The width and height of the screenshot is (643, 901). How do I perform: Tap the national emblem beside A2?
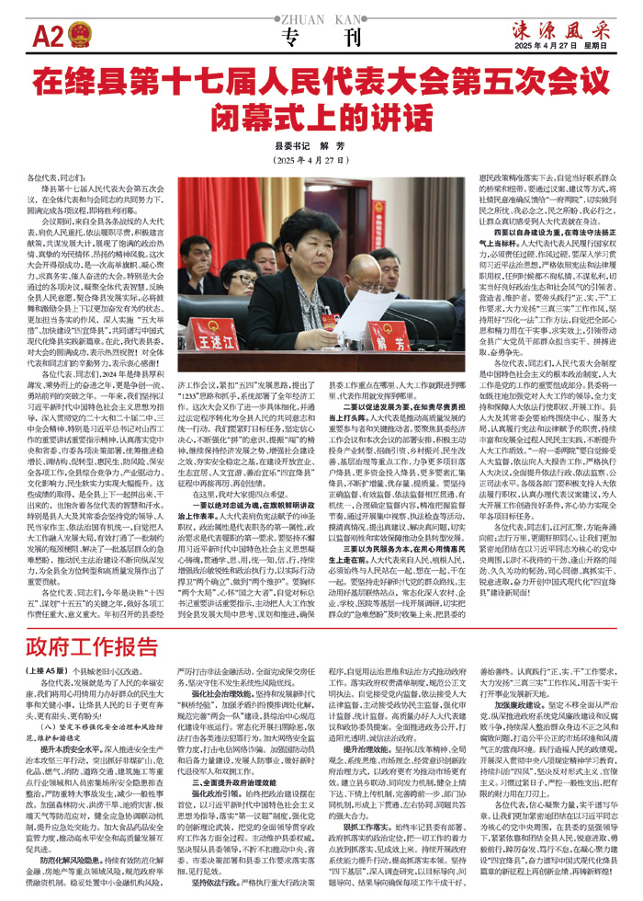[x=77, y=36]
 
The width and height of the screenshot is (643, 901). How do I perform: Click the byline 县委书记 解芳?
[x=321, y=145]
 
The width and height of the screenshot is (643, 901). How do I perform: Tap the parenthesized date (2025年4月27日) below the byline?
[x=321, y=160]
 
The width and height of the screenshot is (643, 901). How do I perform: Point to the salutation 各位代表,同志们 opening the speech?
[x=54, y=175]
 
